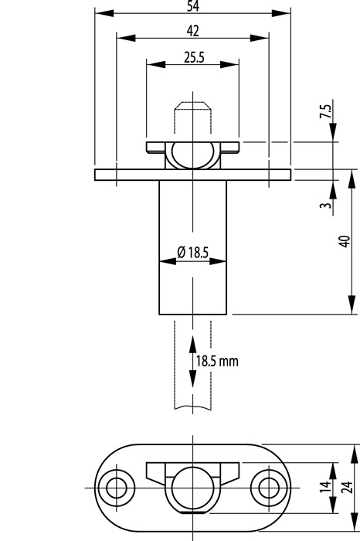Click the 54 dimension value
pos(193,6)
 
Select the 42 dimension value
pos(193,31)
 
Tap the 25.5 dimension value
pos(194,57)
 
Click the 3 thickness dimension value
pos(325,206)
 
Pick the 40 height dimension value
pos(345,241)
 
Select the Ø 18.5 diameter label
pos(193,253)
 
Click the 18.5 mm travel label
pos(217,361)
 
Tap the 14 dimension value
pos(325,486)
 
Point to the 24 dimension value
pos(348,486)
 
